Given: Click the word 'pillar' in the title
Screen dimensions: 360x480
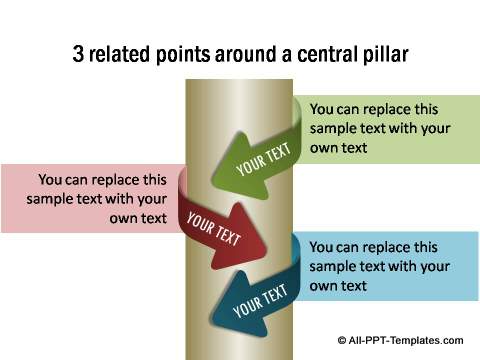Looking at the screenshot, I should pos(382,53).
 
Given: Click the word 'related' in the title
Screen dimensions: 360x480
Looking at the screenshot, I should pos(124,53).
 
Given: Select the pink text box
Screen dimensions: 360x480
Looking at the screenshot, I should pos(90,198).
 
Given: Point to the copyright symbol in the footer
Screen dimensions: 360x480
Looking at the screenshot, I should pos(342,340).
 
